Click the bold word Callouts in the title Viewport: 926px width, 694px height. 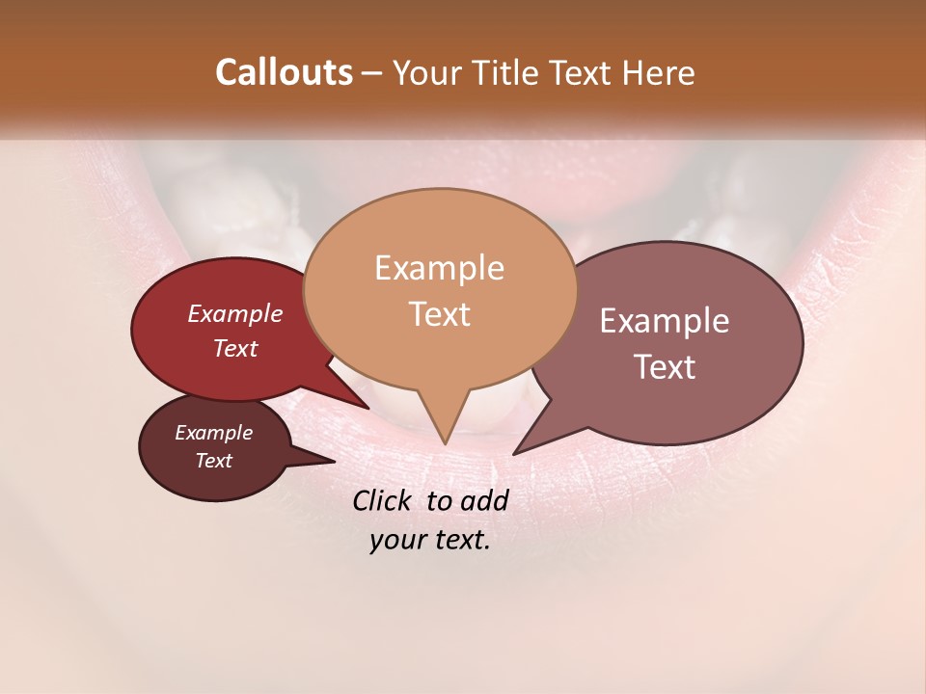pyautogui.click(x=284, y=72)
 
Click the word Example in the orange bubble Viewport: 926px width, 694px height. pyautogui.click(x=439, y=268)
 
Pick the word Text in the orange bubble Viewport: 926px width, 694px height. pyautogui.click(x=439, y=314)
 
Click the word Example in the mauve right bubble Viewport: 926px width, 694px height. pyautogui.click(x=665, y=321)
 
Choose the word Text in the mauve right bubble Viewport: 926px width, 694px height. pyautogui.click(x=665, y=367)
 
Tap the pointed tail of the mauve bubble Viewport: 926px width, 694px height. pyautogui.click(x=515, y=453)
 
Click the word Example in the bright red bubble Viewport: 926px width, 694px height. pyautogui.click(x=234, y=313)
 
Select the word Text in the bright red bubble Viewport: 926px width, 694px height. pyautogui.click(x=234, y=348)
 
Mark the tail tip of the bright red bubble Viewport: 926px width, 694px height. pyautogui.click(x=368, y=408)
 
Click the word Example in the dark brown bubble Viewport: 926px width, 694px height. pyautogui.click(x=213, y=433)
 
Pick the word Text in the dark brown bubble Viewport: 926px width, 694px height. pyautogui.click(x=213, y=461)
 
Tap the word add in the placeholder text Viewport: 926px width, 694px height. pyautogui.click(x=485, y=500)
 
